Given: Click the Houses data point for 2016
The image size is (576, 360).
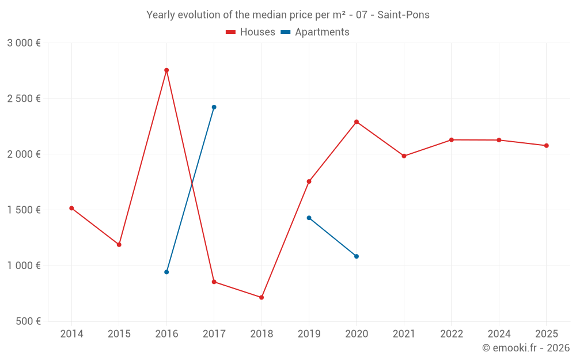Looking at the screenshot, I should [x=166, y=70].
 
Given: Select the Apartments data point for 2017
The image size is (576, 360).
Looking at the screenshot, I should [x=214, y=107].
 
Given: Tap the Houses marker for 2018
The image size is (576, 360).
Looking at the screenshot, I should [x=262, y=297].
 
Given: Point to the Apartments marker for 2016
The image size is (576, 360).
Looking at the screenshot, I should [x=166, y=272].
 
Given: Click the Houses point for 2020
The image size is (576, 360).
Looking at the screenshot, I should [x=357, y=122].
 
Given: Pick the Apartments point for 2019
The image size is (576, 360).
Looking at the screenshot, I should [x=309, y=218].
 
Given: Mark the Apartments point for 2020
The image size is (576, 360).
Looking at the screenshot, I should [x=357, y=256].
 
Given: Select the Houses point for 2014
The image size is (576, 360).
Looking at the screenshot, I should [x=71, y=208].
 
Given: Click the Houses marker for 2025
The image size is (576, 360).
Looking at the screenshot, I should [x=547, y=146].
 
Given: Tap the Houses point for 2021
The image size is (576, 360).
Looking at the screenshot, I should [x=404, y=156].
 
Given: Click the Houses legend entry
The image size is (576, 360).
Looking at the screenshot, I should [x=251, y=32].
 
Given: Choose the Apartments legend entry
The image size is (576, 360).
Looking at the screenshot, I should [x=315, y=32].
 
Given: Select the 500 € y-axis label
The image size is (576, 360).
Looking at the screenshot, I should [x=27, y=321].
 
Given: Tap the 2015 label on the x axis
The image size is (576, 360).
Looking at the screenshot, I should [x=119, y=334].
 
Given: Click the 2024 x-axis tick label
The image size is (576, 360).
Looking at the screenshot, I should [x=499, y=334].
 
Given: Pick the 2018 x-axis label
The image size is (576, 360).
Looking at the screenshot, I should [x=262, y=334].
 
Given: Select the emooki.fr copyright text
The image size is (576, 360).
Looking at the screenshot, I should [x=526, y=348].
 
